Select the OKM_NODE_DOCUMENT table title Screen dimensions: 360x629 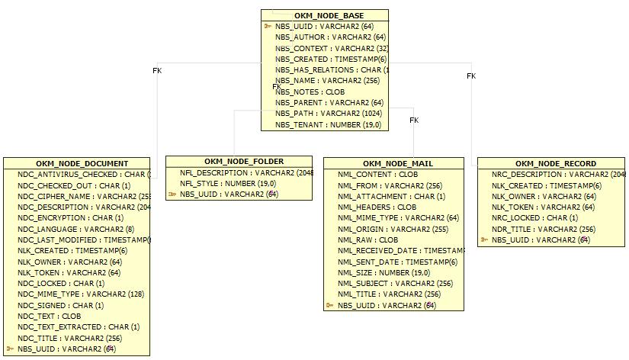(82, 163)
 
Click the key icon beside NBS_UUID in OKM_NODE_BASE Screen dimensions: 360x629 (268, 26)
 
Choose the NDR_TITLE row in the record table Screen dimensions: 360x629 (533, 229)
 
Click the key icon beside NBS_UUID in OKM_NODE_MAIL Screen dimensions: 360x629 (329, 305)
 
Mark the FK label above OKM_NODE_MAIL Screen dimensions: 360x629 (414, 121)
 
